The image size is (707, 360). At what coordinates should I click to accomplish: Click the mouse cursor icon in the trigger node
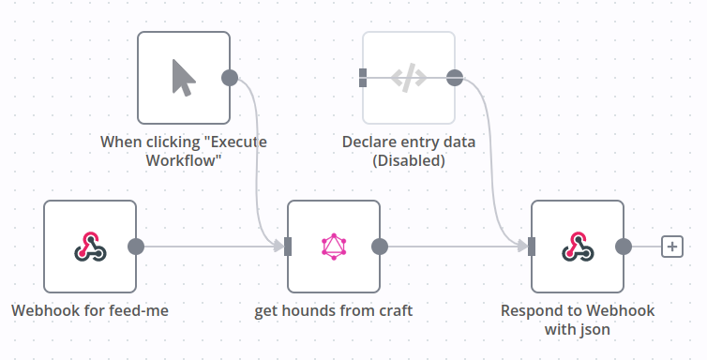coord(184,78)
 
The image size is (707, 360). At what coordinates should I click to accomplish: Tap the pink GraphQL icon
coord(334,247)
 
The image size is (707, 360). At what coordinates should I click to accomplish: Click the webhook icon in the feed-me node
coord(90,247)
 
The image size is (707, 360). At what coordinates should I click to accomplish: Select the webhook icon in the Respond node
coord(578,247)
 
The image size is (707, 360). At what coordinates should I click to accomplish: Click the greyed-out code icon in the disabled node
coord(409,78)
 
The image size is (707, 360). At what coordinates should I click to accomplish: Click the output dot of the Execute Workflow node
coord(230,78)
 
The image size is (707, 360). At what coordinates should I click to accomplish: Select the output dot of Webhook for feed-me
coord(136,247)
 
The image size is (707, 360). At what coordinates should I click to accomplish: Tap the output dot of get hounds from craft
coord(380,247)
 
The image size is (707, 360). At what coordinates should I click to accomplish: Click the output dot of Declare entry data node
coord(455,78)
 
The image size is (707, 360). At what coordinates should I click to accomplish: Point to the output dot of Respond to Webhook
coord(624,247)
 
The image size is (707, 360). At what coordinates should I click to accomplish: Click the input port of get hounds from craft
coord(288,247)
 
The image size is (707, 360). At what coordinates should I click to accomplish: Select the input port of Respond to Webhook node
coord(532,247)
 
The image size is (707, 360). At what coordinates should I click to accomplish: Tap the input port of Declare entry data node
coord(363,78)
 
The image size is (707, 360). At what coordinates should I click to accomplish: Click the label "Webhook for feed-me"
coord(90,310)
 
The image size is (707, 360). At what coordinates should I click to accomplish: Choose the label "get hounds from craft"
coord(334,311)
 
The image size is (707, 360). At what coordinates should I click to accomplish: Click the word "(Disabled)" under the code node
coord(409,161)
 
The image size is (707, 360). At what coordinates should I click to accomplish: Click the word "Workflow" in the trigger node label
coord(184,160)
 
